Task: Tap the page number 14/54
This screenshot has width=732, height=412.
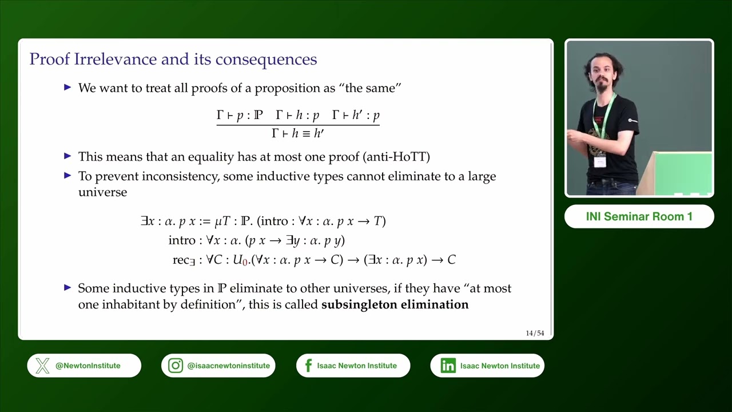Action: pos(535,333)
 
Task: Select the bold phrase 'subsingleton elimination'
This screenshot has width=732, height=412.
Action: pos(395,304)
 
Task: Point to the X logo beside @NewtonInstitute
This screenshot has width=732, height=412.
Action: pos(42,366)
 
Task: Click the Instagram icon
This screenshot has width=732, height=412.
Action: pos(176,366)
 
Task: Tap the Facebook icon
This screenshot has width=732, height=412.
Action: pos(308,366)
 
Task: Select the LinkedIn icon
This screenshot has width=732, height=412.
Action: pos(448,366)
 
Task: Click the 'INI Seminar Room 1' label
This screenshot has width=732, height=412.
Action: pos(639,217)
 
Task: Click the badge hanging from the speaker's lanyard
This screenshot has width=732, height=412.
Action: pos(599,161)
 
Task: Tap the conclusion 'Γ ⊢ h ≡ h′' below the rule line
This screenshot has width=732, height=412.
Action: pos(297,133)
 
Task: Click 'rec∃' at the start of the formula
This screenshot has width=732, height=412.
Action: pos(184,260)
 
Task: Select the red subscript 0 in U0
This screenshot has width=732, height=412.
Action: pos(245,262)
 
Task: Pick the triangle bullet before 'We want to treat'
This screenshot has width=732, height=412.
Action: pos(67,88)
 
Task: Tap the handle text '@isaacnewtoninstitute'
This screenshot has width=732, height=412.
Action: pos(228,366)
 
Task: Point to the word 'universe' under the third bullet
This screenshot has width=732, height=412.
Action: pos(102,192)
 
